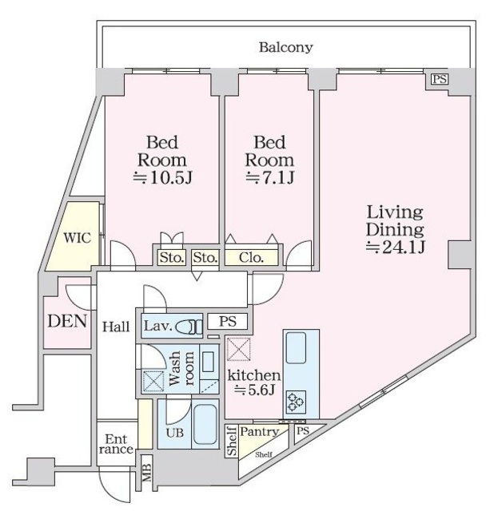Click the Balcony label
[x=285, y=47]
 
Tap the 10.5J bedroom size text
[x=162, y=176]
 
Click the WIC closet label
[x=77, y=237]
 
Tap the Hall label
[x=116, y=326]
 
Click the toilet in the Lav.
[x=189, y=327]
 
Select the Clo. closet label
[x=251, y=257]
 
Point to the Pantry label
[x=259, y=432]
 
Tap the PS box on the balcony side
[x=439, y=78]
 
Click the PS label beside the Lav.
[x=227, y=322]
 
